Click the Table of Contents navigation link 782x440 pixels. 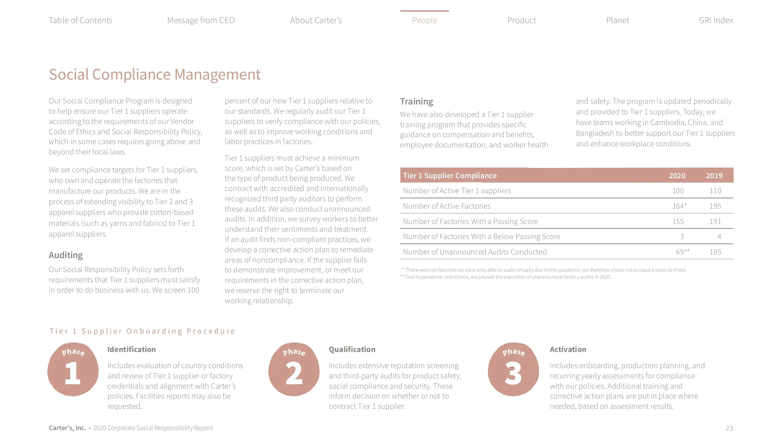pyautogui.click(x=80, y=20)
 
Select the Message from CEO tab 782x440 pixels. pyautogui.click(x=201, y=20)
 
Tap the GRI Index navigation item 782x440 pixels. pyautogui.click(x=716, y=20)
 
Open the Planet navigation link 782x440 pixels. pyautogui.click(x=617, y=20)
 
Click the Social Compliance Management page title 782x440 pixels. pyautogui.click(x=155, y=74)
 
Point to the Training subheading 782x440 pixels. pyautogui.click(x=416, y=102)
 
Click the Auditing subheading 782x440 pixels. pyautogui.click(x=66, y=255)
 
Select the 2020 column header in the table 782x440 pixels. pyautogui.click(x=677, y=176)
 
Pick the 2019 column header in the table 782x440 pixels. pyautogui.click(x=714, y=176)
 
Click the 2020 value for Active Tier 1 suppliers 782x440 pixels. pyautogui.click(x=678, y=191)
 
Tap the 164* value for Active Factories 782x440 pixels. pyautogui.click(x=679, y=206)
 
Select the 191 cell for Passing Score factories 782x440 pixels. pyautogui.click(x=715, y=221)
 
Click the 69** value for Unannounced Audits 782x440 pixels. pyautogui.click(x=682, y=252)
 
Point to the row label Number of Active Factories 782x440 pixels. pyautogui.click(x=447, y=206)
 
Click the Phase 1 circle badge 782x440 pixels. pyautogui.click(x=73, y=369)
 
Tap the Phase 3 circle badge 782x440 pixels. pyautogui.click(x=513, y=369)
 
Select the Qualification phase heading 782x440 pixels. pyautogui.click(x=352, y=349)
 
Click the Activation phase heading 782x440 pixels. pyautogui.click(x=568, y=349)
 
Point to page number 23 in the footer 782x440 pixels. pyautogui.click(x=729, y=428)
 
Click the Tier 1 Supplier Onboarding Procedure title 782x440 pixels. pyautogui.click(x=142, y=331)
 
